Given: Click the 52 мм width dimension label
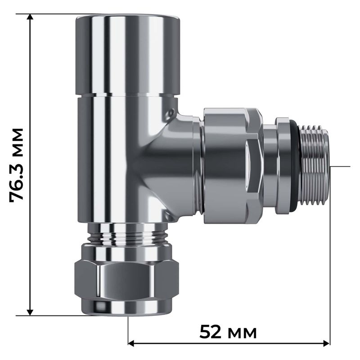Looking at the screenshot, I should (228, 333).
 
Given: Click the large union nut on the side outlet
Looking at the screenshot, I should (231, 166).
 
